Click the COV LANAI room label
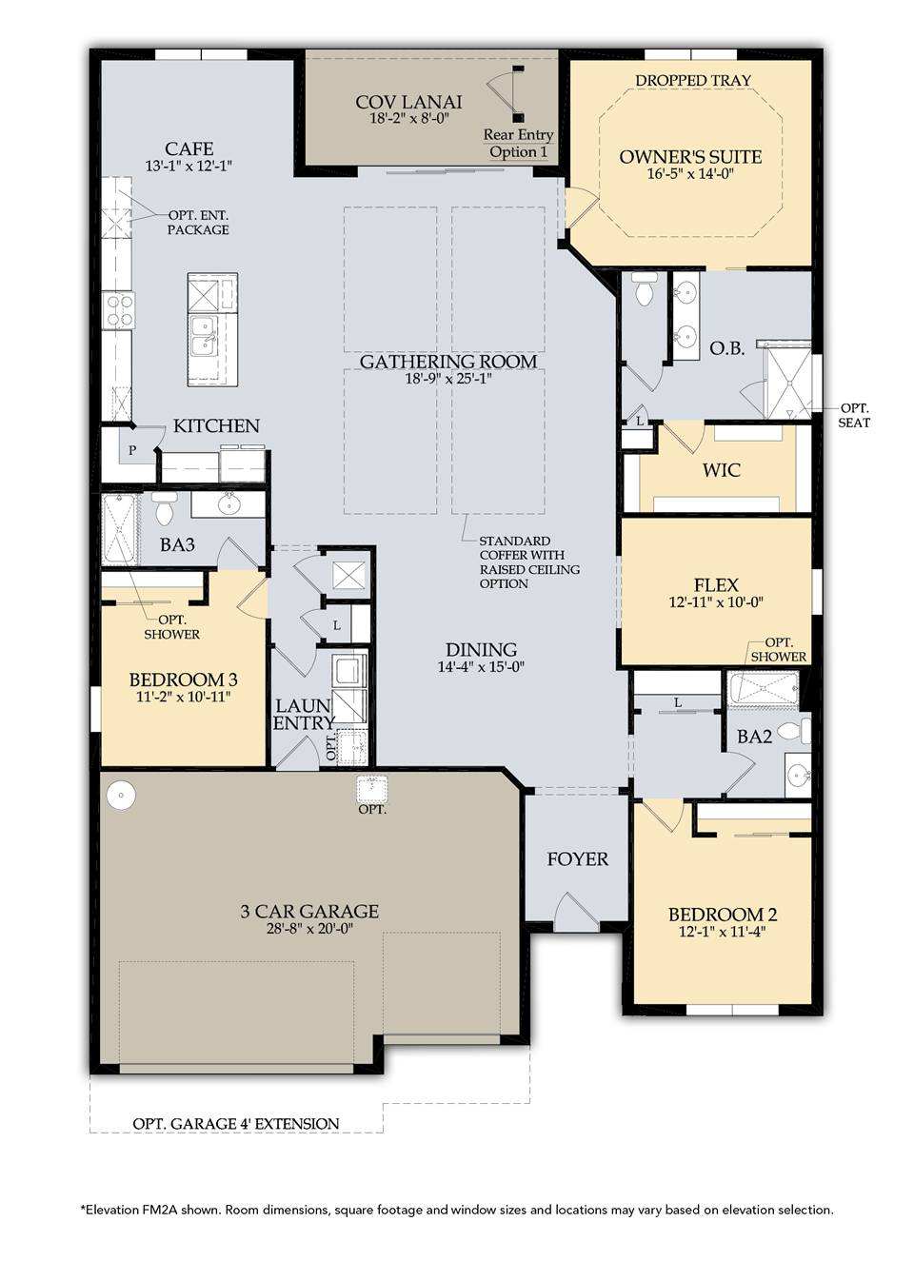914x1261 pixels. pyautogui.click(x=408, y=102)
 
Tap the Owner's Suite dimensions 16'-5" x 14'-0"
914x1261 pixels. pyautogui.click(x=690, y=174)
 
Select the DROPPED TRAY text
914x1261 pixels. pyautogui.click(x=693, y=81)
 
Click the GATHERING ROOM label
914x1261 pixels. pyautogui.click(x=448, y=362)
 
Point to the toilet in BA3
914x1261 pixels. pyautogui.click(x=164, y=509)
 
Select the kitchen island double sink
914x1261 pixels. pyautogui.click(x=204, y=334)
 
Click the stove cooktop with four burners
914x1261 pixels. pyautogui.click(x=119, y=310)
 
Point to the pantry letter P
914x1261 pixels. pyautogui.click(x=132, y=450)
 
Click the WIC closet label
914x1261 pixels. pyautogui.click(x=721, y=470)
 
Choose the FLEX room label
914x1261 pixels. pyautogui.click(x=716, y=585)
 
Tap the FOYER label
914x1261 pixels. pyautogui.click(x=577, y=859)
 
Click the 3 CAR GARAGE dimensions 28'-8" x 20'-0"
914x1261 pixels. pyautogui.click(x=309, y=929)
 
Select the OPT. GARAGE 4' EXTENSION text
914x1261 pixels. pyautogui.click(x=235, y=1124)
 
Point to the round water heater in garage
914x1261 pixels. pyautogui.click(x=121, y=795)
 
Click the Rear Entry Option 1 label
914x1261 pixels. pyautogui.click(x=518, y=144)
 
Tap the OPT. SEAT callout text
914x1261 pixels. pyautogui.click(x=854, y=415)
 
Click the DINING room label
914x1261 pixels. pyautogui.click(x=481, y=650)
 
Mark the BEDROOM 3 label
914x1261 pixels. pyautogui.click(x=183, y=680)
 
